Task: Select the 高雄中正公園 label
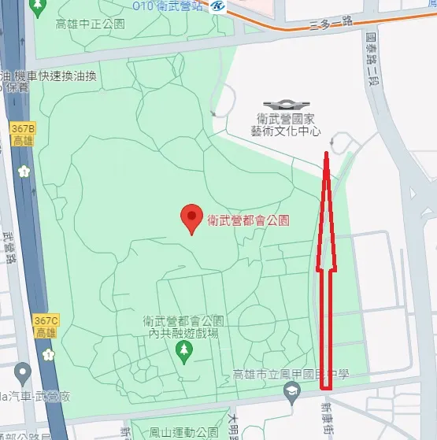(x=91, y=24)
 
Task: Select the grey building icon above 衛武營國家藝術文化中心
(x=281, y=105)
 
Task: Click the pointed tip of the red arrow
(x=326, y=152)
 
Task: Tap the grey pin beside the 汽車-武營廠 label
(x=23, y=371)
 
